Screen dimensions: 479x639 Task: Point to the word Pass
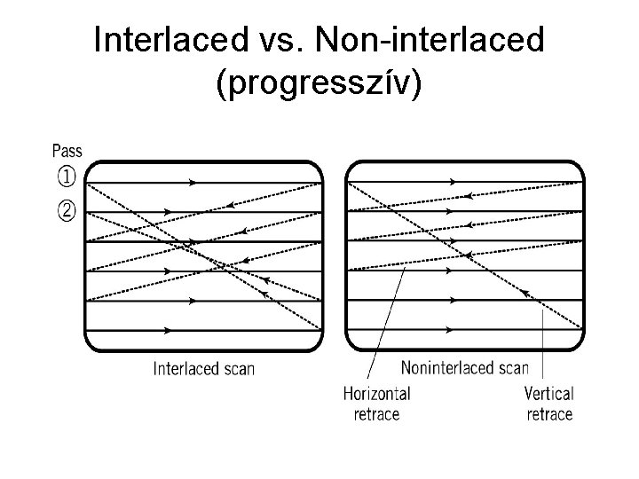[x=67, y=151]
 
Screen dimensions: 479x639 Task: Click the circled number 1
[x=67, y=177]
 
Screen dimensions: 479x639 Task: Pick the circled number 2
[x=67, y=212]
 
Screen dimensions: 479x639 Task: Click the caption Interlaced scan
[x=204, y=368]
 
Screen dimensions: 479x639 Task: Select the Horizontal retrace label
[x=376, y=403]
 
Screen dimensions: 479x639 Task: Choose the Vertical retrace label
[x=549, y=403]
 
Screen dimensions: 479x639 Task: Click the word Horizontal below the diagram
[x=376, y=393]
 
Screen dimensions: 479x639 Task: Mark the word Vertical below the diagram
[x=549, y=393]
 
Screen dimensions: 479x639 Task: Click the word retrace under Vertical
[x=549, y=413]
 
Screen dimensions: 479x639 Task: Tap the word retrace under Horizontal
[x=376, y=413]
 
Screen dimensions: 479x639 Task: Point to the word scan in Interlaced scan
[x=238, y=368]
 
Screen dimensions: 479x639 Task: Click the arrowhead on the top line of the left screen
[x=193, y=182]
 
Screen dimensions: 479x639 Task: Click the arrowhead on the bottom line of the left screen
[x=168, y=330]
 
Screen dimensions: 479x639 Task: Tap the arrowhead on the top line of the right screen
[x=452, y=182]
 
